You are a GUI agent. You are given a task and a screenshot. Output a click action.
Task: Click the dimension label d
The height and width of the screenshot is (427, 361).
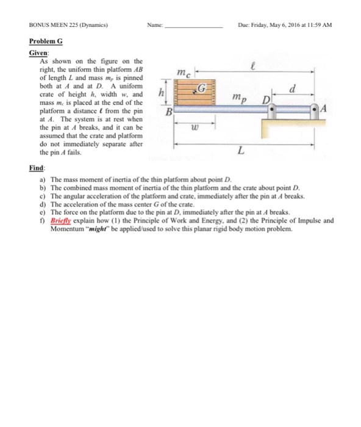point(295,88)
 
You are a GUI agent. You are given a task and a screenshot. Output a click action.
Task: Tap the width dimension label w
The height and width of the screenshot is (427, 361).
point(193,129)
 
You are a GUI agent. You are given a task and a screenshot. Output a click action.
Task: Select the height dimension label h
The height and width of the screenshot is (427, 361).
point(160,93)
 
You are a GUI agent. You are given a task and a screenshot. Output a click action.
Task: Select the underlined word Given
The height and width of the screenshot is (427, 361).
point(38,54)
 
